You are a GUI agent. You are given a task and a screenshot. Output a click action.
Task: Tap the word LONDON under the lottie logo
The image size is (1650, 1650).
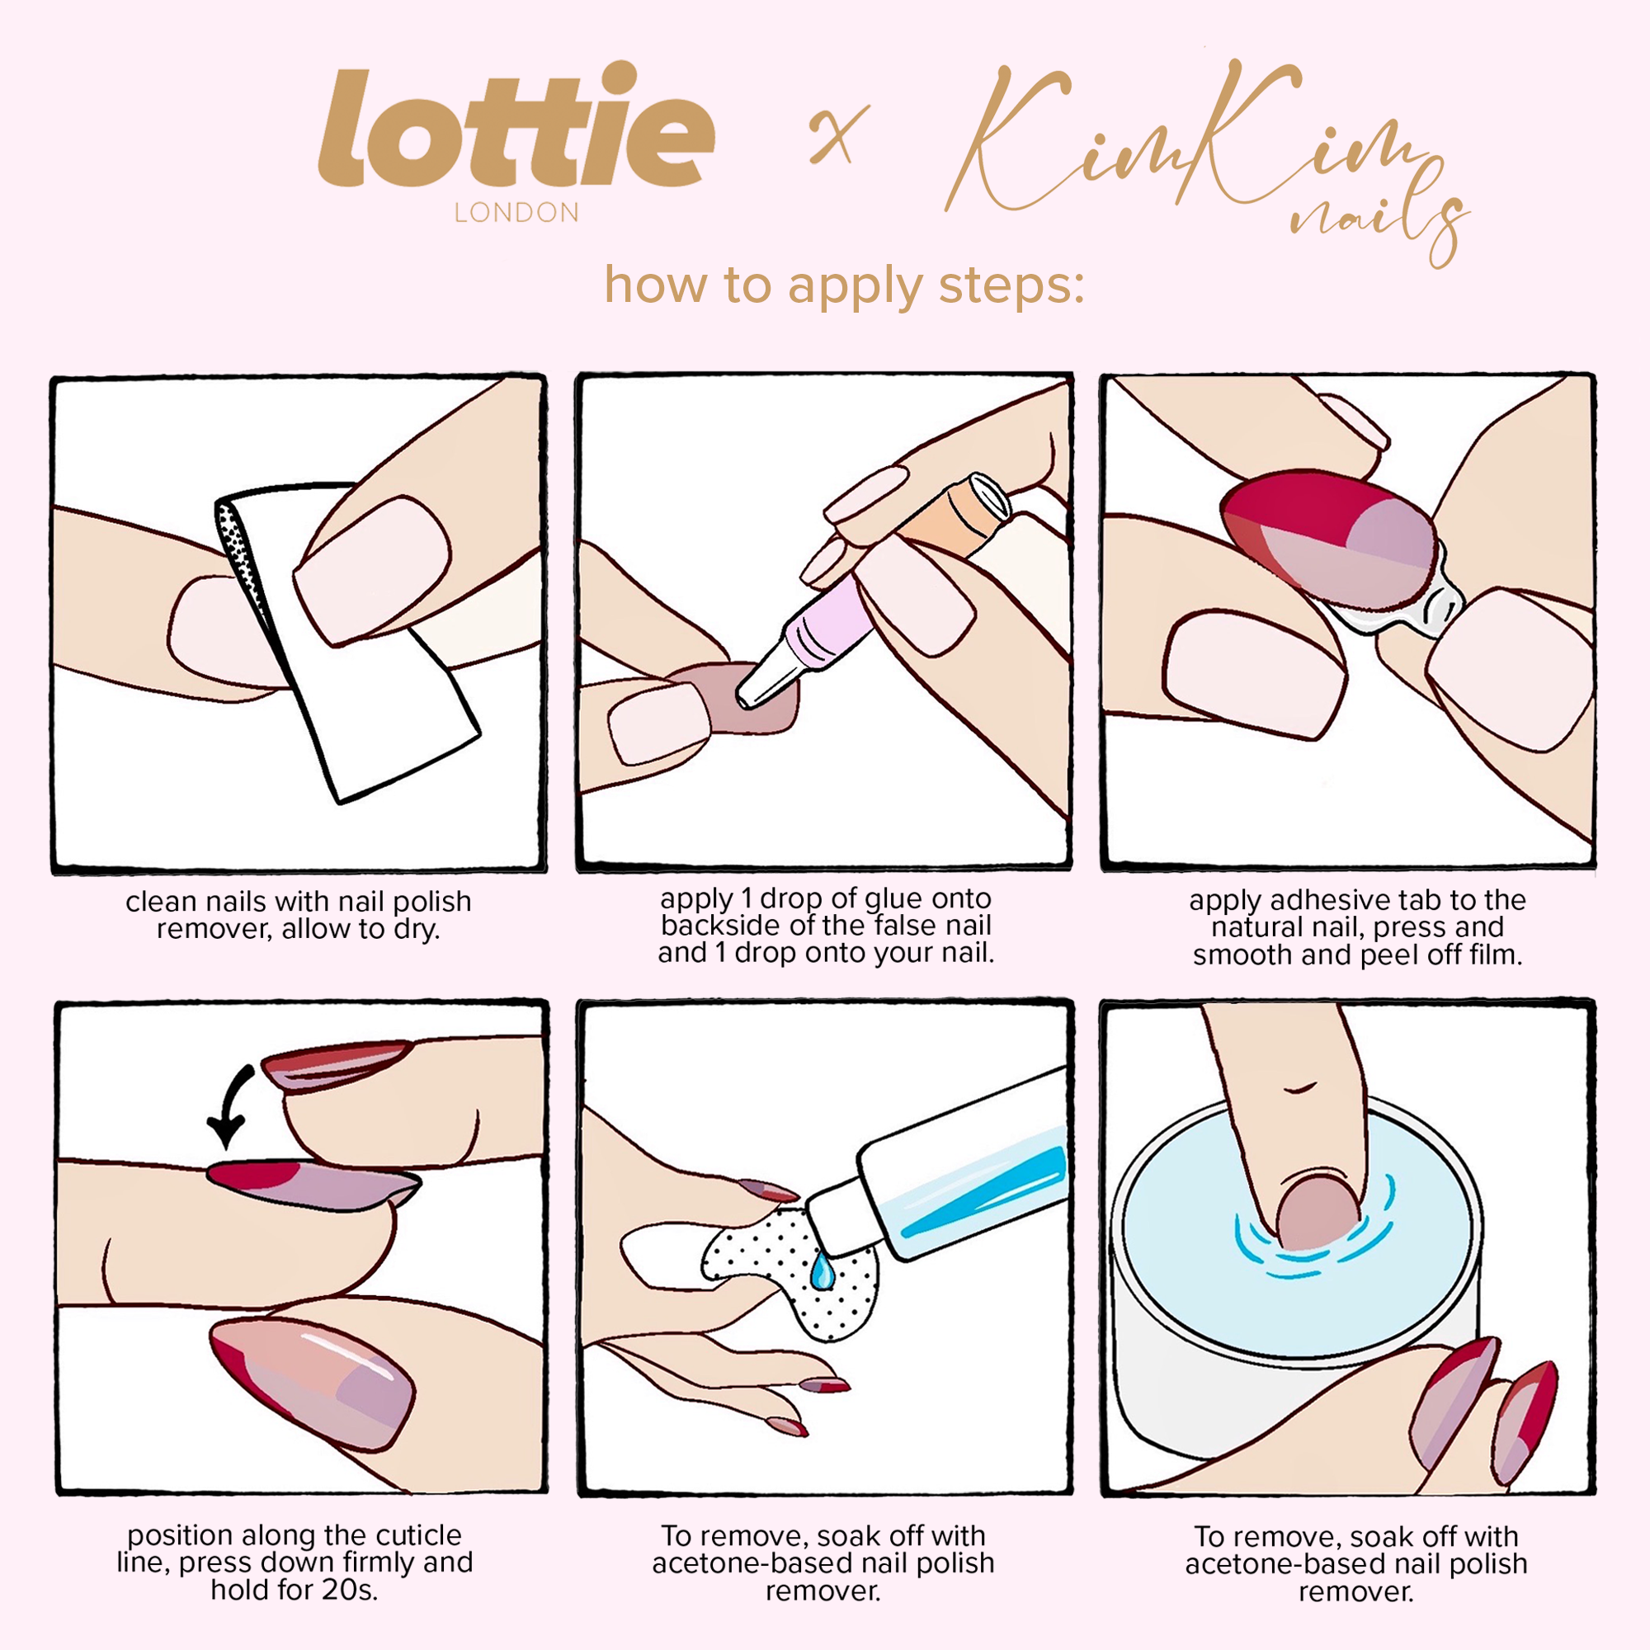tap(516, 213)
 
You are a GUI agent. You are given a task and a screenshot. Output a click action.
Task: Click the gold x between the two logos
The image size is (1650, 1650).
tap(839, 134)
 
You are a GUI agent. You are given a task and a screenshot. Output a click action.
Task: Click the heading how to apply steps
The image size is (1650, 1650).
tap(844, 285)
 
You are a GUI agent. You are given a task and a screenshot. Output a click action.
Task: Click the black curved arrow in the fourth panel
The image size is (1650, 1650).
tap(233, 1106)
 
